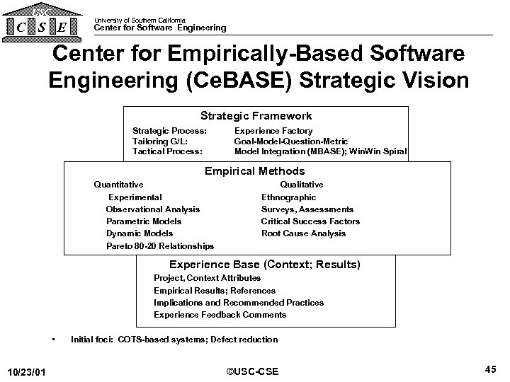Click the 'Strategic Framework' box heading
[256, 115]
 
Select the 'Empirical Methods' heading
[255, 170]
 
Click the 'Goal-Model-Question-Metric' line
[290, 141]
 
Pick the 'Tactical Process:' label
[167, 151]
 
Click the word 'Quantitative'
[118, 185]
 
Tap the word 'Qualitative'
[302, 185]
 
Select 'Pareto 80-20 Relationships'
[159, 245]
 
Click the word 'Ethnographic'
[288, 197]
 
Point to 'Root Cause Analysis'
[303, 233]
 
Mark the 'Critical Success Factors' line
[310, 221]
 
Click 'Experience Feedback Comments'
[220, 315]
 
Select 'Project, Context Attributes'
[207, 278]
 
